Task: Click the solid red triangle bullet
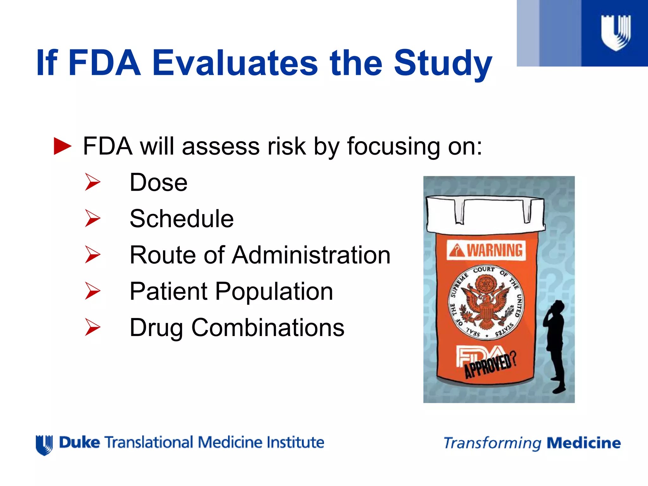62,146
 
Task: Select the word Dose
159,183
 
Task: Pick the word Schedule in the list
182,219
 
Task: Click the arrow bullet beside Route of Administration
92,255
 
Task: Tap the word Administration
311,255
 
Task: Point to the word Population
274,291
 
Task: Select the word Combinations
268,327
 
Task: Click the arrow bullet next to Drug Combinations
92,327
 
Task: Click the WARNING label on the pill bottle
487,250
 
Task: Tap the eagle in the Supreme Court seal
486,304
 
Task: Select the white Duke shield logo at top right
615,33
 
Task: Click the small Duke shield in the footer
44,445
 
